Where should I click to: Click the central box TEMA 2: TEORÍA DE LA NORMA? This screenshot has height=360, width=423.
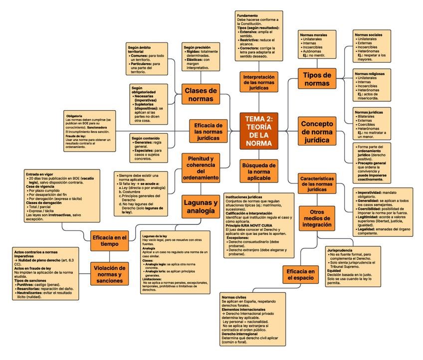pyautogui.click(x=259, y=131)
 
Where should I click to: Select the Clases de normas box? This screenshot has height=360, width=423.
pyautogui.click(x=201, y=94)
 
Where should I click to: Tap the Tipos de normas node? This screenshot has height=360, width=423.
pyautogui.click(x=317, y=79)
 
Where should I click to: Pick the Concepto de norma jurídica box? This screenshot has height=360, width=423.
pyautogui.click(x=318, y=132)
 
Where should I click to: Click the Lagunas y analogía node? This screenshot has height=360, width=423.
pyautogui.click(x=201, y=207)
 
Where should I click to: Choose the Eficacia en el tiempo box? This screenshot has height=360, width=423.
pyautogui.click(x=110, y=241)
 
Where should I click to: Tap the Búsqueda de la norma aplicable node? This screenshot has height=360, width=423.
pyautogui.click(x=259, y=171)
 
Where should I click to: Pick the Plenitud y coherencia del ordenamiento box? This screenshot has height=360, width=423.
pyautogui.click(x=201, y=168)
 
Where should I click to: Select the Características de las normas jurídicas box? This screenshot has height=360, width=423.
pyautogui.click(x=317, y=183)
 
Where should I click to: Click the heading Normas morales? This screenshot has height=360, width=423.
pyautogui.click(x=314, y=35)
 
